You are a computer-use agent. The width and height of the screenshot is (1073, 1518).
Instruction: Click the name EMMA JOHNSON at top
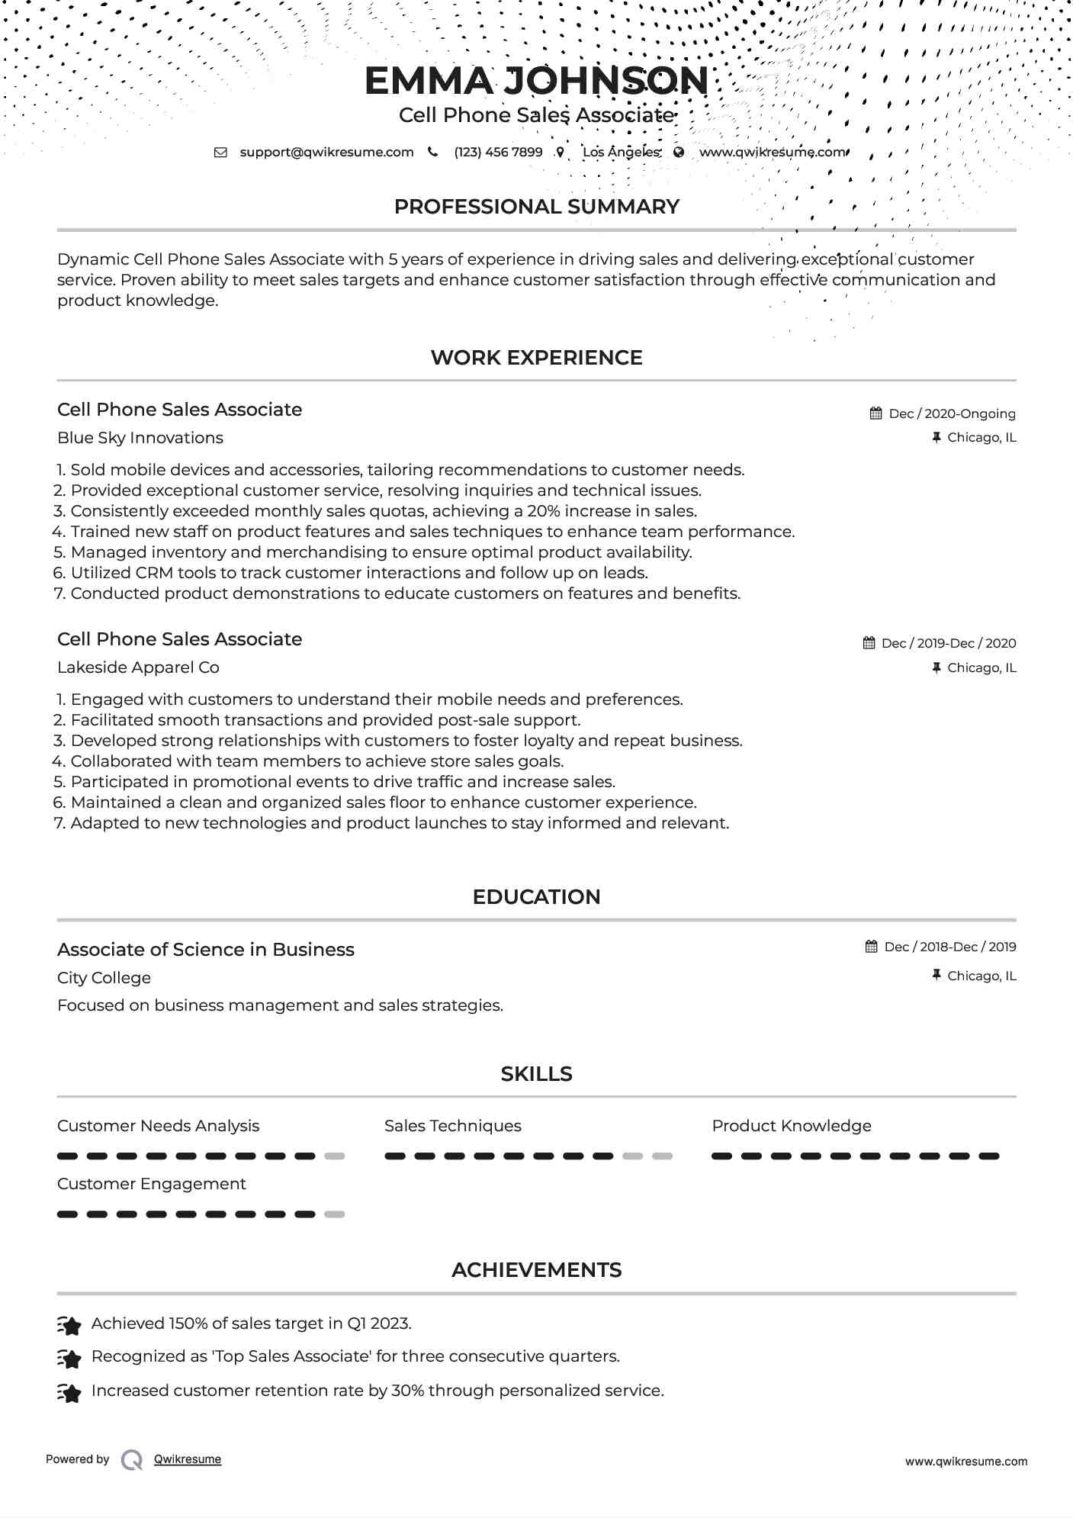[536, 81]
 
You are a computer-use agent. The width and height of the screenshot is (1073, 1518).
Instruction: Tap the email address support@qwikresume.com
[326, 152]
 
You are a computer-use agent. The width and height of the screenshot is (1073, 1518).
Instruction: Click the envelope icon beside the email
[220, 152]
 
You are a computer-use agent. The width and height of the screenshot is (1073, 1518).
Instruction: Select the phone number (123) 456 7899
[498, 152]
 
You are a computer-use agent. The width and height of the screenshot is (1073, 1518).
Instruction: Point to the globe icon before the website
[679, 152]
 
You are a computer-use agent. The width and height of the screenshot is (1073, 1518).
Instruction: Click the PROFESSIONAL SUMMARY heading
[536, 207]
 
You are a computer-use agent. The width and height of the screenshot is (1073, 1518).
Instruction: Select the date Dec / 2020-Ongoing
[952, 413]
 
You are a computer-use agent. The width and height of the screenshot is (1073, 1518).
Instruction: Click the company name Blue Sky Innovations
[140, 438]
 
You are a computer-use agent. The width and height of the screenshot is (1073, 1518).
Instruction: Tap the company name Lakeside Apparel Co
[138, 667]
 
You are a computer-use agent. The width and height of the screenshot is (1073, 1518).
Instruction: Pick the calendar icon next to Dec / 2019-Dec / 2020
[869, 643]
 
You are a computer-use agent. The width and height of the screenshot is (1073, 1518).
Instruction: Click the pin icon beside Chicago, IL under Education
[936, 975]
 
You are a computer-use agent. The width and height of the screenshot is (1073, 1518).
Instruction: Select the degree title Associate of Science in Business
[206, 950]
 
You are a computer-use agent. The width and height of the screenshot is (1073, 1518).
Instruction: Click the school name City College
[104, 978]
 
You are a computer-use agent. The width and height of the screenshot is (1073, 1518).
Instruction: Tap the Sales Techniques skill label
[452, 1126]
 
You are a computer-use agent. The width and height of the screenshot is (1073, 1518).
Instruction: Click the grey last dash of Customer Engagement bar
[334, 1214]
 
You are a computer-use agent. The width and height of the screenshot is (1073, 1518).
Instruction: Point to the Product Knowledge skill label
[791, 1126]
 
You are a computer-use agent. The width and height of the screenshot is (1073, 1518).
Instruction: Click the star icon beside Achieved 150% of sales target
[69, 1326]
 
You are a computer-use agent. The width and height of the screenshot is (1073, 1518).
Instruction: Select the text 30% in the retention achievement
[407, 1391]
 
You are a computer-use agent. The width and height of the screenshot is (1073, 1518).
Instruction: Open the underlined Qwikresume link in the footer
[188, 1459]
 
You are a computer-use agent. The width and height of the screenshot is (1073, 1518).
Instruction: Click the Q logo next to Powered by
[132, 1459]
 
